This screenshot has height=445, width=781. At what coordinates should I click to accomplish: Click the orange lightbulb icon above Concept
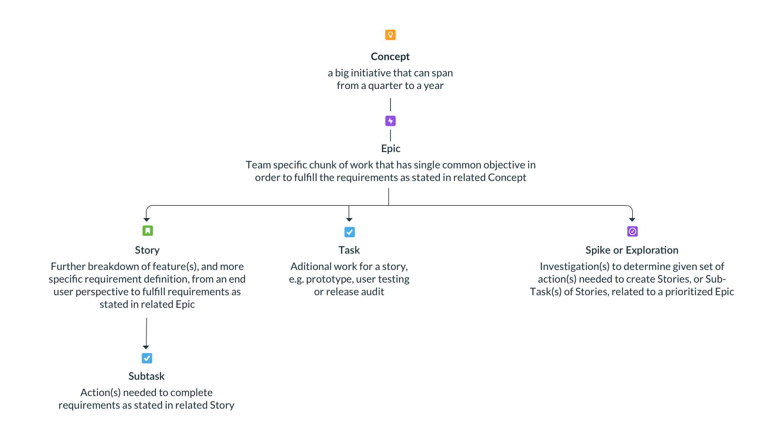390,35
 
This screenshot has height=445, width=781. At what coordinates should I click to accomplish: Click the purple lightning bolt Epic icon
390,121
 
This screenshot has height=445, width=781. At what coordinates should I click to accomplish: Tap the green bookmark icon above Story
147,231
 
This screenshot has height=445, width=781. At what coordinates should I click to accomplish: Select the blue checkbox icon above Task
349,232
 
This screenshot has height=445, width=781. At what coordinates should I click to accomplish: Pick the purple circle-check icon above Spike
632,231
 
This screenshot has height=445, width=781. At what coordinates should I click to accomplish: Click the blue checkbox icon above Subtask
147,358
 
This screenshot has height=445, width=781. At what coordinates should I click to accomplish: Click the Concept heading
390,56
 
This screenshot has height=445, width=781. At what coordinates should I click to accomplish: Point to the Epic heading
390,148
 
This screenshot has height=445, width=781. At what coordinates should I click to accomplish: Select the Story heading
147,250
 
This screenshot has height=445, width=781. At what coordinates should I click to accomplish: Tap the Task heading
349,250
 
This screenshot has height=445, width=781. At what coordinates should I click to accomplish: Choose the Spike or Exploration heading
632,250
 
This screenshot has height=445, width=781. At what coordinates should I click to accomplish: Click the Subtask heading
146,376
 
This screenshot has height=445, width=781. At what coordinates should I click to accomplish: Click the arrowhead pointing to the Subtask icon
146,347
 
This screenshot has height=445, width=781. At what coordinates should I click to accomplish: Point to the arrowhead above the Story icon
147,220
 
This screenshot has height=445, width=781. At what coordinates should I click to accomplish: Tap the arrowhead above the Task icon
349,220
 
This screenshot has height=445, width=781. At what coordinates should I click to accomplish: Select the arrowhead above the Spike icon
632,220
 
